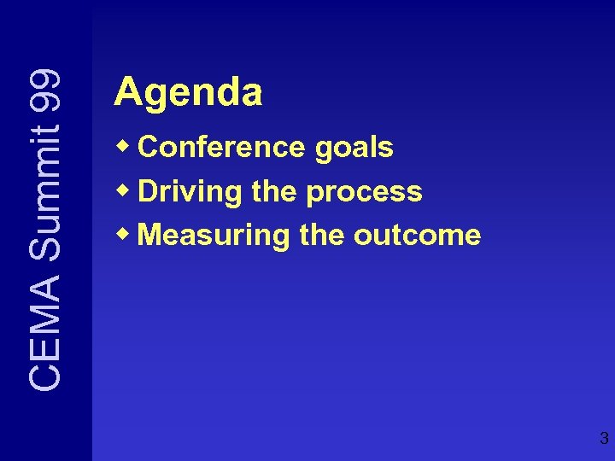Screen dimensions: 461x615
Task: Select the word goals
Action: point(354,149)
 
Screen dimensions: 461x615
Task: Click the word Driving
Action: point(190,192)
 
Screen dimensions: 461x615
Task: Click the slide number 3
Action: point(604,440)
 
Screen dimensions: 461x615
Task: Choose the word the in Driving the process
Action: point(275,191)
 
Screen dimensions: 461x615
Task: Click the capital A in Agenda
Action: point(127,91)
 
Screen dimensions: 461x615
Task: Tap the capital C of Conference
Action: point(147,148)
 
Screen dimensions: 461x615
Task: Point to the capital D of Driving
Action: point(147,191)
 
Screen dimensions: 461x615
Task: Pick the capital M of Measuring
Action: point(149,235)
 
